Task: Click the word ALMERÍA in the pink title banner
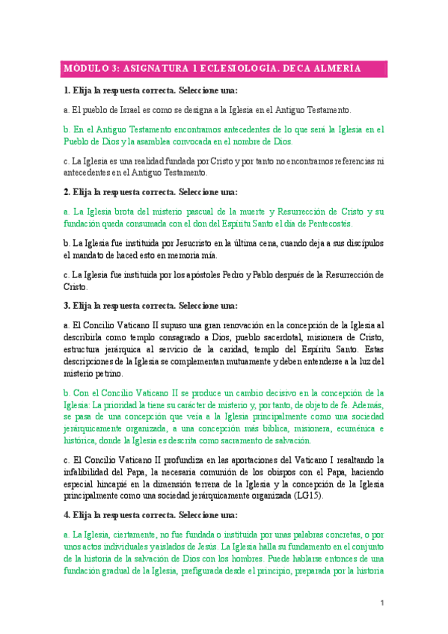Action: pos(334,69)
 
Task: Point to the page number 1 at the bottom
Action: pos(381,603)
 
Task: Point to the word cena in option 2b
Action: pos(253,243)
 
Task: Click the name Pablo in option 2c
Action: pos(251,274)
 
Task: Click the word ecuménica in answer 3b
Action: pos(357,428)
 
